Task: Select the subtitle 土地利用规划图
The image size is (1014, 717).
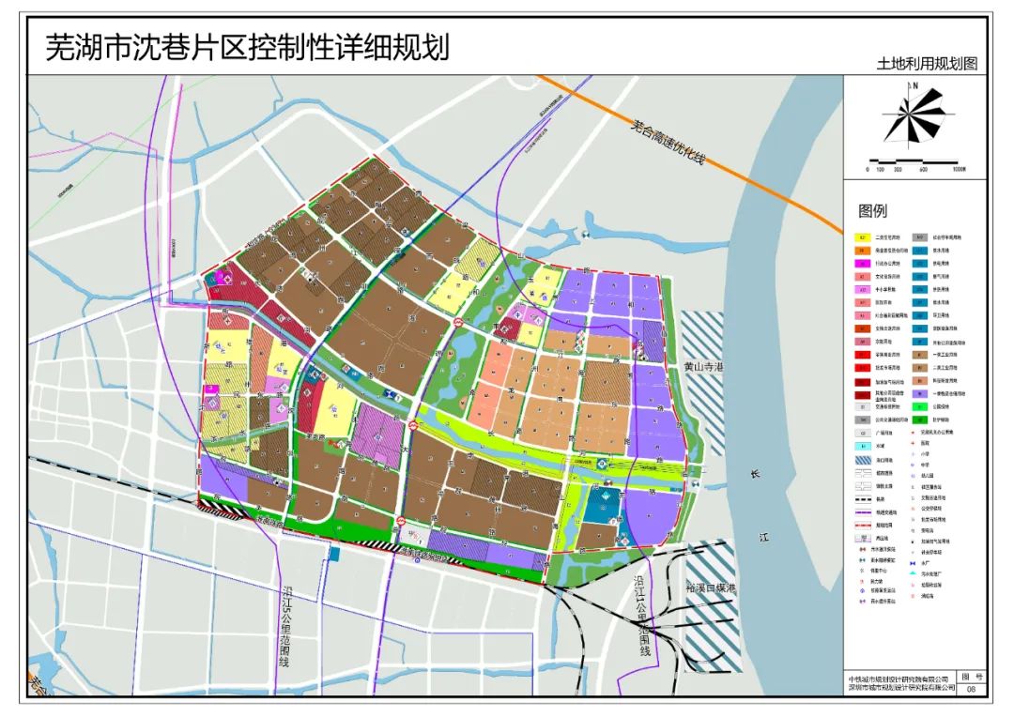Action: pyautogui.click(x=927, y=64)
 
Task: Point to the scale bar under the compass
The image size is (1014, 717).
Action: pyautogui.click(x=915, y=160)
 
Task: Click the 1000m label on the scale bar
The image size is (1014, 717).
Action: pyautogui.click(x=958, y=170)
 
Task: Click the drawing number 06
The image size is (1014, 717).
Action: pyautogui.click(x=971, y=688)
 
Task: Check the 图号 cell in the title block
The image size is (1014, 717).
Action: pyautogui.click(x=971, y=677)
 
